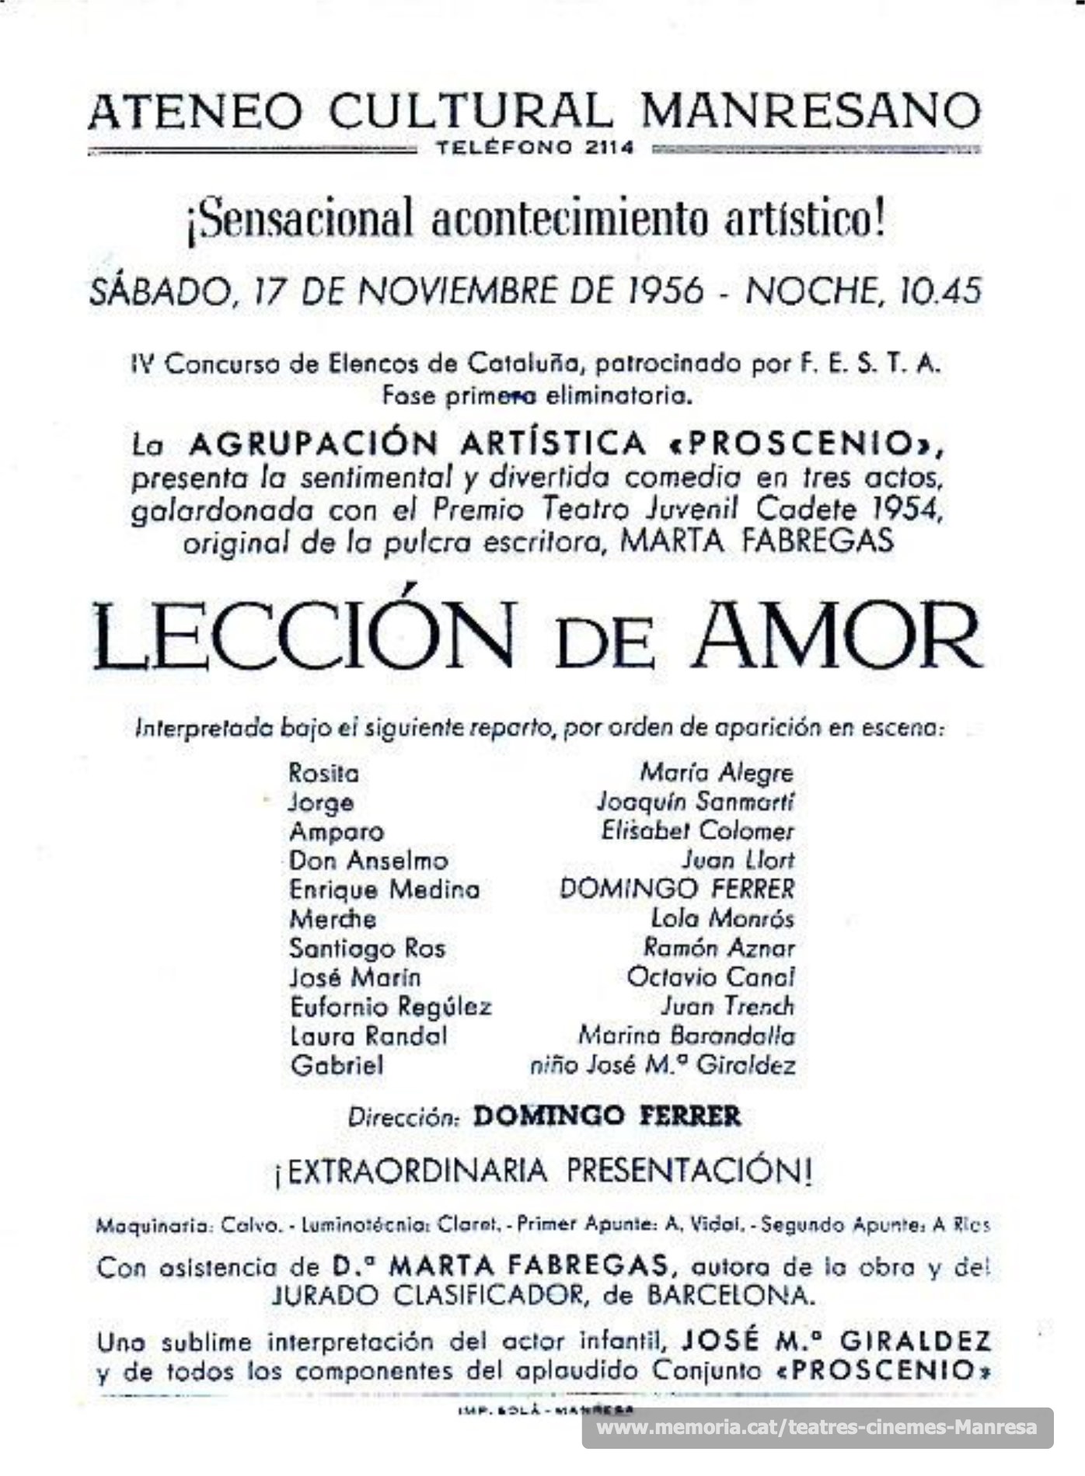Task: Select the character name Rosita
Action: pos(323,774)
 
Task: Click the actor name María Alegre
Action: pos(716,773)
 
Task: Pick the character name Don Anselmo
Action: pos(368,861)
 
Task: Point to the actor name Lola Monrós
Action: pos(722,919)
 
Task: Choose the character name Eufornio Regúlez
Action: pos(390,1008)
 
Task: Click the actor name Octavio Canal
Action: pos(710,977)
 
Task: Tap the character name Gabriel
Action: pos(337,1065)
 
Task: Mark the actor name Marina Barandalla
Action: pos(686,1036)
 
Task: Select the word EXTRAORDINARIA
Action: pos(416,1171)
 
